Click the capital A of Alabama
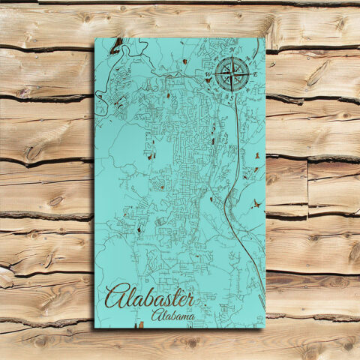click(x=155, y=315)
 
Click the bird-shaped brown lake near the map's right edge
click(x=258, y=202)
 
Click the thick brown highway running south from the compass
click(x=239, y=150)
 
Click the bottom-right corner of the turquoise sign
click(x=265, y=327)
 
